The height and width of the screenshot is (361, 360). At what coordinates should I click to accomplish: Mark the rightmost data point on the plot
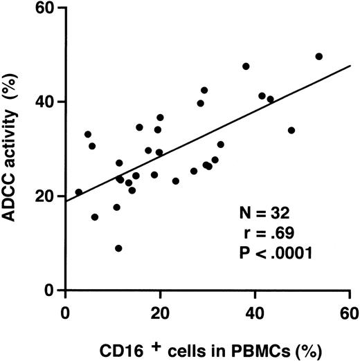[x=318, y=56]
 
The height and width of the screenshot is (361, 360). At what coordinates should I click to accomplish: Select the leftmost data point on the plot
[x=79, y=192]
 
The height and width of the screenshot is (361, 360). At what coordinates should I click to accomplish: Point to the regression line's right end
[x=350, y=66]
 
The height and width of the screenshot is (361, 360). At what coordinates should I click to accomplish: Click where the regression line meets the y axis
[x=66, y=201]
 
